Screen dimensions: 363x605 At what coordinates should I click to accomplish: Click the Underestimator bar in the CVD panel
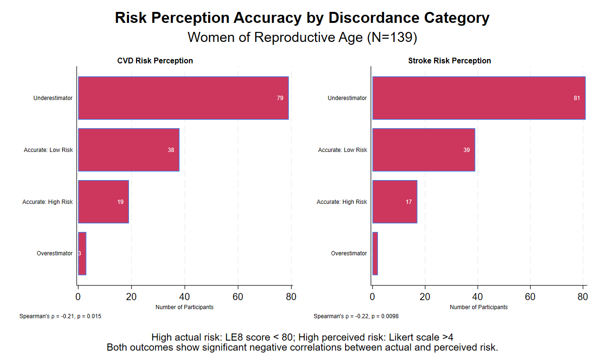[x=183, y=98]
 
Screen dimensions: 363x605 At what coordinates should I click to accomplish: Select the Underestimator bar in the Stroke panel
[x=478, y=98]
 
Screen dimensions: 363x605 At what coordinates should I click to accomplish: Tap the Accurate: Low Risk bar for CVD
[x=129, y=150]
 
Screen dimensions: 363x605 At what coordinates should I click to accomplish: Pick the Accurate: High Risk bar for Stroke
[x=395, y=202]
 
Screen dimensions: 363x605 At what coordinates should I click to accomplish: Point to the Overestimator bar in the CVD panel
[x=82, y=253]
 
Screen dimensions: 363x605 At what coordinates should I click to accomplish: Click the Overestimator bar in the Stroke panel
[x=375, y=253]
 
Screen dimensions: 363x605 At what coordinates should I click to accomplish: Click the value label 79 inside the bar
[x=280, y=98]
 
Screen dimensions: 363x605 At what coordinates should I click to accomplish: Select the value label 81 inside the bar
[x=577, y=98]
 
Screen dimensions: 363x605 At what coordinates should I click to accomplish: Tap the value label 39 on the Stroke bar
[x=466, y=150]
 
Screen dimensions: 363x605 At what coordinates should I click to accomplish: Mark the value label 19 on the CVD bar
[x=120, y=202]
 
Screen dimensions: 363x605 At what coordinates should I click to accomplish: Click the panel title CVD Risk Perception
[x=155, y=60]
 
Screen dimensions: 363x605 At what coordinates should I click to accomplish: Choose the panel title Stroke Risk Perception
[x=449, y=60]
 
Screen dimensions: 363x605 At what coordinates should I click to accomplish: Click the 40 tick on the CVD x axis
[x=185, y=296]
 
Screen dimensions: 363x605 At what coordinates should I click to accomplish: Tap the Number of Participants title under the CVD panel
[x=184, y=307]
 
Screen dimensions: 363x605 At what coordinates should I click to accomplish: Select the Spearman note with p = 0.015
[x=60, y=316]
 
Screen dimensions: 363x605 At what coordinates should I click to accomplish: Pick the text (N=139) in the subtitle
[x=392, y=37]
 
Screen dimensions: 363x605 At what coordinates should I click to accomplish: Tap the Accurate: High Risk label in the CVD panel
[x=48, y=202]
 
